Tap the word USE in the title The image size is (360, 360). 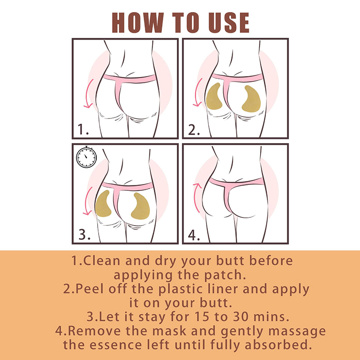(x=229, y=22)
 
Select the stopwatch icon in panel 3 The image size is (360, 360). (x=86, y=157)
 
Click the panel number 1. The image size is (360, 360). (x=83, y=129)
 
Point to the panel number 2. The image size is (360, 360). (x=194, y=130)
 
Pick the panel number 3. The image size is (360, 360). (x=84, y=234)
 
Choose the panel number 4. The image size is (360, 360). (x=194, y=235)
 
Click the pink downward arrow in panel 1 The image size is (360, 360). (x=88, y=94)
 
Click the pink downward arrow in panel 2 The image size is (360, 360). (x=197, y=92)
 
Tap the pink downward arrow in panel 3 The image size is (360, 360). (x=87, y=201)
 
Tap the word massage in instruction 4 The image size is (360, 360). (x=297, y=332)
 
